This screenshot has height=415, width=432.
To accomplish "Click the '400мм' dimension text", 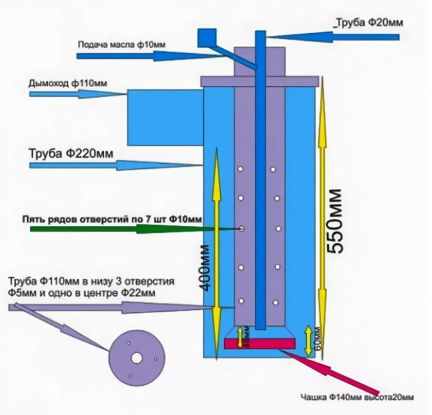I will coord(207,268).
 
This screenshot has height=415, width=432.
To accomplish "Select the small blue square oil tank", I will coord(207,38).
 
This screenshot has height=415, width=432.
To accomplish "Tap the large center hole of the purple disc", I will coord(136,357).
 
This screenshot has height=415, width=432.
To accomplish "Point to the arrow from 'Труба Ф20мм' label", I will coord(331,36).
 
